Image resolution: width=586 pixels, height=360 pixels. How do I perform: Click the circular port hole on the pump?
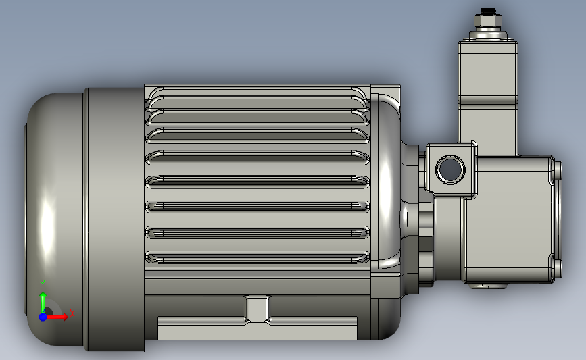(x=450, y=170)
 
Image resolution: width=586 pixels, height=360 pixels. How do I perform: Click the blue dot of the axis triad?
(x=43, y=317)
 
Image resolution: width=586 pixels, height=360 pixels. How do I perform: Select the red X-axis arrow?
(x=56, y=317)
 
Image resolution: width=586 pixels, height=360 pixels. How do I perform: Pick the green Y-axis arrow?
(x=43, y=303)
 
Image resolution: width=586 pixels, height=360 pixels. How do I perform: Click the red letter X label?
(x=72, y=313)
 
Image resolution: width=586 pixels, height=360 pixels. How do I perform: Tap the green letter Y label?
(x=43, y=284)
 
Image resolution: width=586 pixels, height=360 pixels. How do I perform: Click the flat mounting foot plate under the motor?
(x=258, y=329)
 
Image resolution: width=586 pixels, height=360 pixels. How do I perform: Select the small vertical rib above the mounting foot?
(x=258, y=308)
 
